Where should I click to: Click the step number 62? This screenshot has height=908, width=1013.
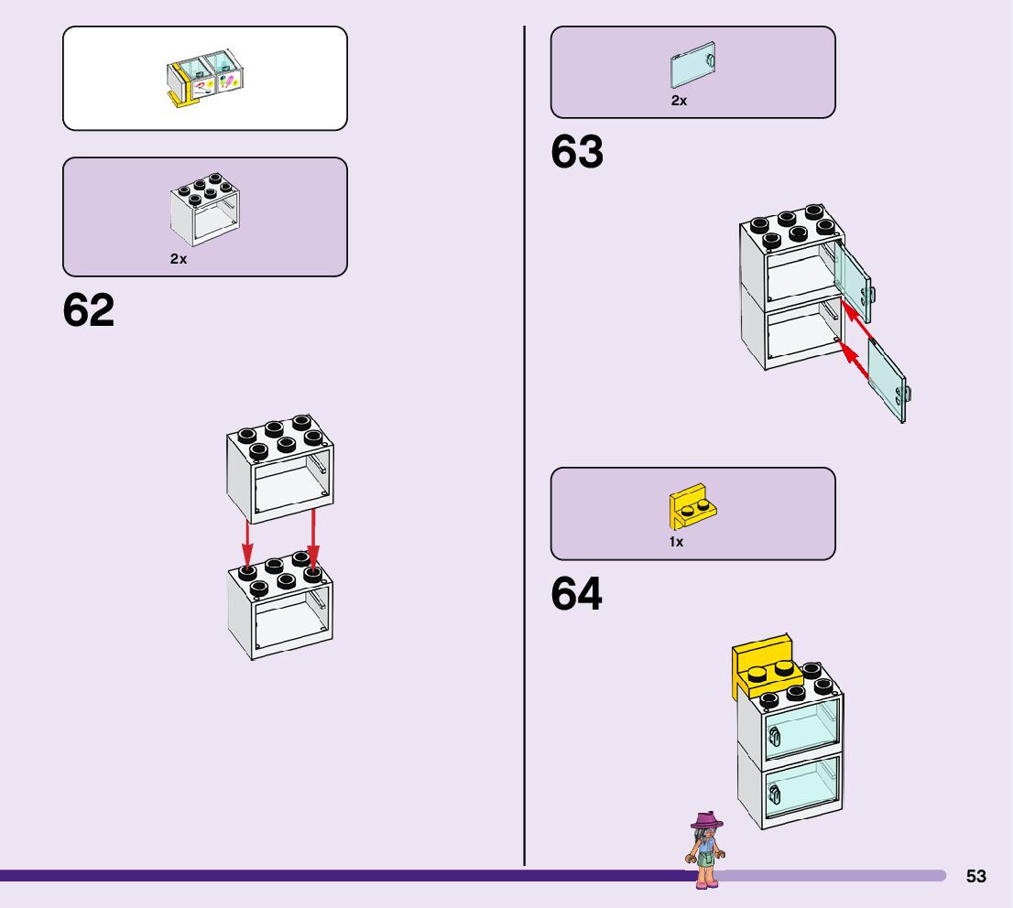click(x=89, y=311)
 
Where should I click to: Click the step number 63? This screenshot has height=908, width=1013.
click(x=577, y=153)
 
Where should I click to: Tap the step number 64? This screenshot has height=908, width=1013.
click(x=577, y=595)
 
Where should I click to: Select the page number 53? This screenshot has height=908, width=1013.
click(x=976, y=876)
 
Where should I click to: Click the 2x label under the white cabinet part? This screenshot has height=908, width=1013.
click(x=179, y=259)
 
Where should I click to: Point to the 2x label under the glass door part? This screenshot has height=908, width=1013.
click(x=679, y=101)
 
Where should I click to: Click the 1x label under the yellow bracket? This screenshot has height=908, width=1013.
click(x=676, y=542)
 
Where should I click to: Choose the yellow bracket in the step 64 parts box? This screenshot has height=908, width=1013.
click(x=692, y=507)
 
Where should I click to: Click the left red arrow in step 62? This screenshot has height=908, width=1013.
click(x=247, y=544)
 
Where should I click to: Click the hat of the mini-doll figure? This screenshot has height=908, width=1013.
click(x=706, y=820)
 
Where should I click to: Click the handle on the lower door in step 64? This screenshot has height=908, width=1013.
click(x=775, y=795)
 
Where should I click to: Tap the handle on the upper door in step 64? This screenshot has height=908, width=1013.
click(x=775, y=735)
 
